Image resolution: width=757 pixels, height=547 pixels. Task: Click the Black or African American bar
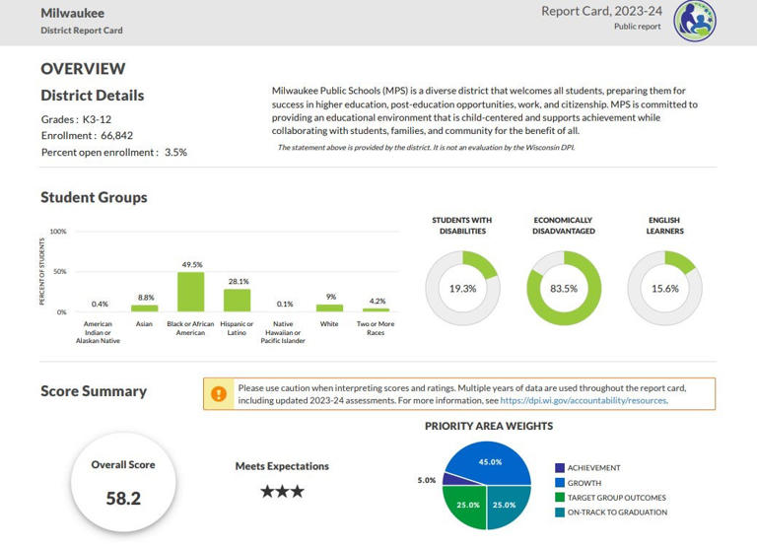(x=190, y=292)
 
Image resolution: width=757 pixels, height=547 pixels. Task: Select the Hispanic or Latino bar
(x=237, y=301)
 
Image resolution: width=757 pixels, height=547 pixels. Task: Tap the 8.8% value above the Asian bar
(x=146, y=298)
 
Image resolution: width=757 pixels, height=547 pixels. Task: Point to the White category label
(x=329, y=324)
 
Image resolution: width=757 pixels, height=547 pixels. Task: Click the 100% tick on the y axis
(x=58, y=232)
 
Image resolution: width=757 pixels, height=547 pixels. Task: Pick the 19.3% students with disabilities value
(x=462, y=289)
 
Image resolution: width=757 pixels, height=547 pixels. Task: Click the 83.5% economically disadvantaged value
(x=564, y=289)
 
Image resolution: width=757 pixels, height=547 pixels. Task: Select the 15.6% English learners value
(x=664, y=289)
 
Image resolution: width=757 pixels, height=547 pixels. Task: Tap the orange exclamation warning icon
(x=219, y=394)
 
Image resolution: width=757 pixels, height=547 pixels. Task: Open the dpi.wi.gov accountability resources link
(x=585, y=401)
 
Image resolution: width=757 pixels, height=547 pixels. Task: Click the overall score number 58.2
(x=123, y=499)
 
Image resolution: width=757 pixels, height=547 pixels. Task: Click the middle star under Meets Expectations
(x=283, y=492)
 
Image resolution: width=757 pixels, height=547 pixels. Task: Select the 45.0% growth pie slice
(x=489, y=462)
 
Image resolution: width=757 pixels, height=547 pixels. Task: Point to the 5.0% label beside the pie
(x=426, y=480)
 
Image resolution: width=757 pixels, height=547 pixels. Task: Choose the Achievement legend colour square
(x=560, y=468)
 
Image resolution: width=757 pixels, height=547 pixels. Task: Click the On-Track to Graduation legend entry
(x=611, y=513)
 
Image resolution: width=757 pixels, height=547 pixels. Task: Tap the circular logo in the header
(x=695, y=21)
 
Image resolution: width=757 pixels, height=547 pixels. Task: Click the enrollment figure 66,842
(x=117, y=136)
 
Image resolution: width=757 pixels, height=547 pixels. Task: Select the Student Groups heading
(x=95, y=197)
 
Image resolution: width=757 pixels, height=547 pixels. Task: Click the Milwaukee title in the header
(x=72, y=13)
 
